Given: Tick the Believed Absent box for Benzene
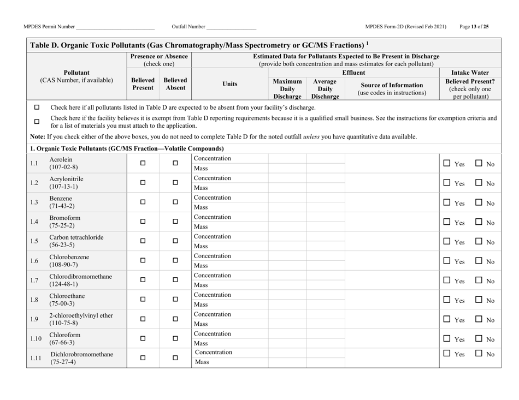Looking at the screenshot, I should [175, 201].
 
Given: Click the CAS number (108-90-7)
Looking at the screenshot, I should [64, 264].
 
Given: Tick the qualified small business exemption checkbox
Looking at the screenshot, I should [37, 121].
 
